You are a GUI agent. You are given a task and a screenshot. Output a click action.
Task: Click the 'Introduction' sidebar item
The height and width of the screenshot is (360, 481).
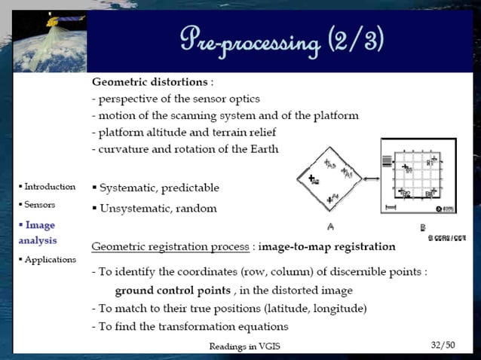[50, 186]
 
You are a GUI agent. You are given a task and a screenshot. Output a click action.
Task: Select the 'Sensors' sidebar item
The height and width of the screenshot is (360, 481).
[39, 204]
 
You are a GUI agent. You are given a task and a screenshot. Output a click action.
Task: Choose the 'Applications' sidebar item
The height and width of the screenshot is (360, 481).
[50, 259]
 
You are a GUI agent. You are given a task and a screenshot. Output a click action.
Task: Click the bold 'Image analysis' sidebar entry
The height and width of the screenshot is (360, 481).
[38, 232]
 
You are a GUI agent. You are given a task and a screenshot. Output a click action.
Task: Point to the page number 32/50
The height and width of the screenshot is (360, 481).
[443, 345]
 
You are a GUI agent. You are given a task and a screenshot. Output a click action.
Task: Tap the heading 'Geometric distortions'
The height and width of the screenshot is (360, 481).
[149, 81]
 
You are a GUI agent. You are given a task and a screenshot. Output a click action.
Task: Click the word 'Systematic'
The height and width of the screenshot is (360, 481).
[130, 188]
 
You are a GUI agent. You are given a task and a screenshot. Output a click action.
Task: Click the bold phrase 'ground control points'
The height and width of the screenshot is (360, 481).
[172, 290]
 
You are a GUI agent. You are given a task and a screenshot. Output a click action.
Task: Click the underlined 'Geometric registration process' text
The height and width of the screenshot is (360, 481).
[170, 246]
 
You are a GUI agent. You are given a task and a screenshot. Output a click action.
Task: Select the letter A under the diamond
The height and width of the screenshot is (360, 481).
[330, 226]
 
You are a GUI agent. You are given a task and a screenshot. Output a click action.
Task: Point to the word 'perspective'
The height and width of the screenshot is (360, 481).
[130, 99]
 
